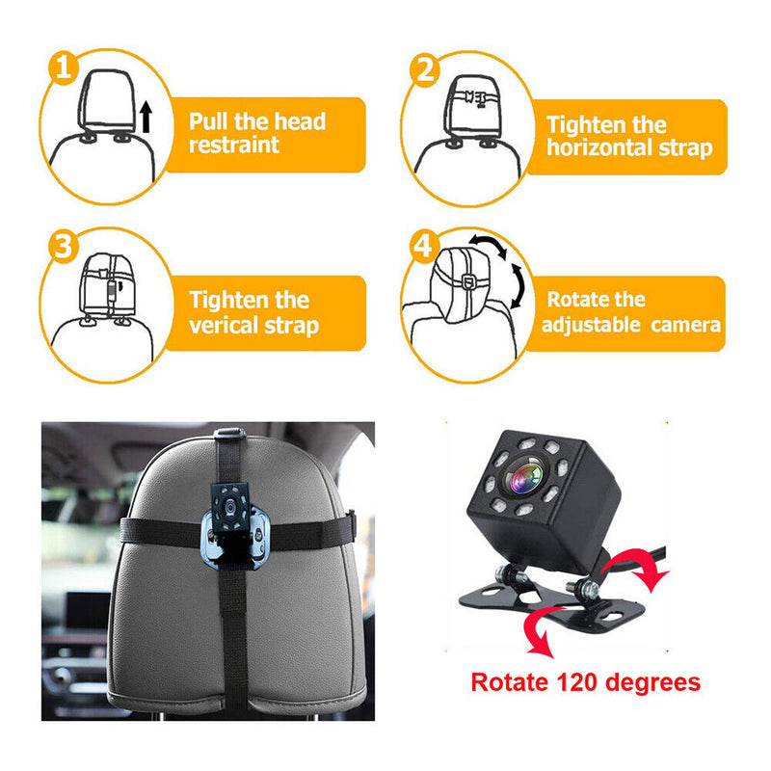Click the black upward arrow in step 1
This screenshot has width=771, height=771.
pyautogui.click(x=146, y=119)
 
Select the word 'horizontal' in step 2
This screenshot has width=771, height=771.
pyautogui.click(x=598, y=148)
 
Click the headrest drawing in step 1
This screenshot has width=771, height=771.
pyautogui.click(x=106, y=101)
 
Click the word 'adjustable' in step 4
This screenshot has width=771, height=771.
pyautogui.click(x=590, y=324)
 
